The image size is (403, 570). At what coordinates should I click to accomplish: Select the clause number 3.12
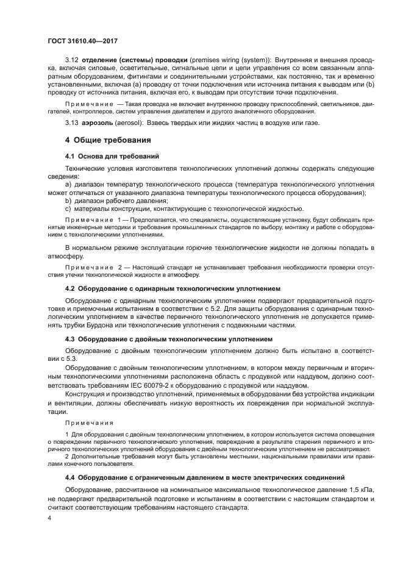[71, 62]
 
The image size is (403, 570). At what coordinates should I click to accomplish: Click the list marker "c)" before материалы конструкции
[68, 208]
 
